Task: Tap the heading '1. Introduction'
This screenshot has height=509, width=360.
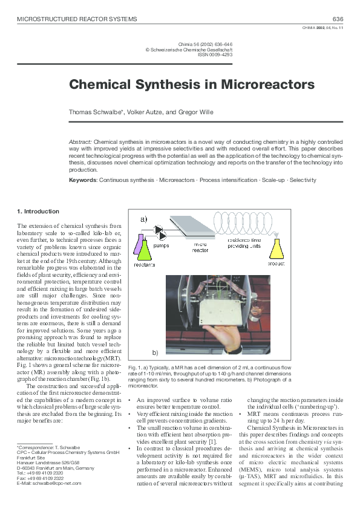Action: [38, 211]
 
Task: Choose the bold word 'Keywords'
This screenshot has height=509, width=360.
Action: [83, 180]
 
